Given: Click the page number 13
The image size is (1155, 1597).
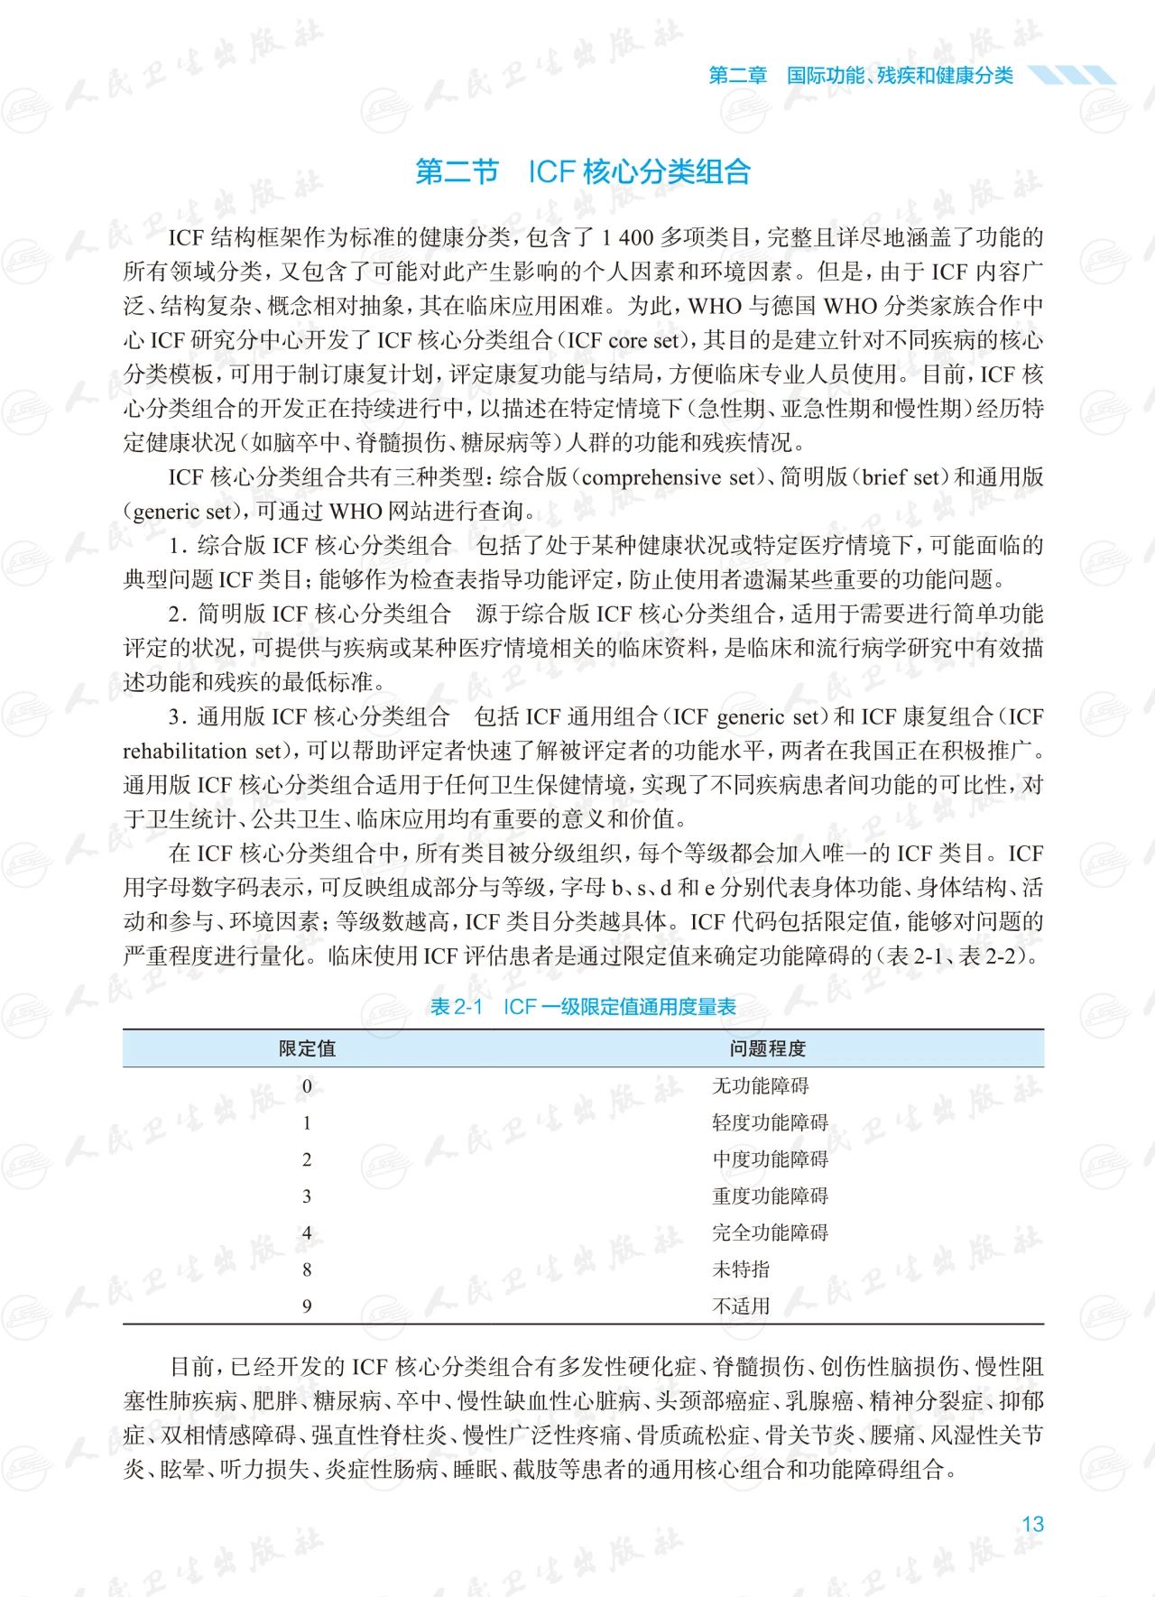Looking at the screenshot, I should pyautogui.click(x=1032, y=1524).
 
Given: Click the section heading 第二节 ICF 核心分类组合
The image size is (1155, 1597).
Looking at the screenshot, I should pyautogui.click(x=583, y=171).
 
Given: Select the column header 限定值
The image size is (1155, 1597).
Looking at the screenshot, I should pyautogui.click(x=307, y=1048).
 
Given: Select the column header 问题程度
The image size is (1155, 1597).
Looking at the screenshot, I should pyautogui.click(x=768, y=1048).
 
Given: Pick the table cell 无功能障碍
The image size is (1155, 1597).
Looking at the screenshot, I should pyautogui.click(x=761, y=1085).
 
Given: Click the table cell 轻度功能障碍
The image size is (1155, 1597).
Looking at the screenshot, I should pyautogui.click(x=770, y=1122).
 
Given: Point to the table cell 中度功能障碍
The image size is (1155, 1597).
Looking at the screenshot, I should pyautogui.click(x=770, y=1159).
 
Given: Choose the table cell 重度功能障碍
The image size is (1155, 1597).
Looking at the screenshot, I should pyautogui.click(x=770, y=1196).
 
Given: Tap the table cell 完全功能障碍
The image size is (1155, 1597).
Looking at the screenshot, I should pyautogui.click(x=770, y=1232).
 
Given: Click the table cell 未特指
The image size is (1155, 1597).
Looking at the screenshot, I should pyautogui.click(x=741, y=1269).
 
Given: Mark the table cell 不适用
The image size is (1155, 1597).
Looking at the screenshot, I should pyautogui.click(x=741, y=1306).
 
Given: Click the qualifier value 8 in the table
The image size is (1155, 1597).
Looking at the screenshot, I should pyautogui.click(x=307, y=1269).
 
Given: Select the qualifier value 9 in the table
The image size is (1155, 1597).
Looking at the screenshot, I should pyautogui.click(x=307, y=1306).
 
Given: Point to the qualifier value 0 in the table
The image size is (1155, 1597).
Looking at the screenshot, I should pyautogui.click(x=307, y=1085).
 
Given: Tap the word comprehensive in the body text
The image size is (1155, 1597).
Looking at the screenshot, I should pyautogui.click(x=653, y=477).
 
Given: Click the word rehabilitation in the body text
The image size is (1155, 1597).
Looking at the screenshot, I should pyautogui.click(x=184, y=752).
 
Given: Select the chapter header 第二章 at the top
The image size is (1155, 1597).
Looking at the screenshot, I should pyautogui.click(x=737, y=75).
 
